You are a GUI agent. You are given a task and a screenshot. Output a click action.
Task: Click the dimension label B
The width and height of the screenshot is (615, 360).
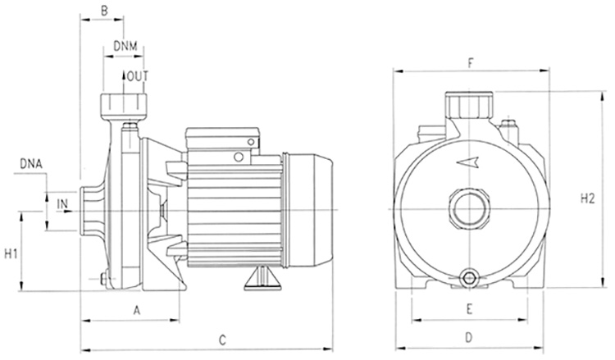[x=103, y=11]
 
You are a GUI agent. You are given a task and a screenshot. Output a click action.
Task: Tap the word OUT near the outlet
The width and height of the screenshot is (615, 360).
[x=139, y=77]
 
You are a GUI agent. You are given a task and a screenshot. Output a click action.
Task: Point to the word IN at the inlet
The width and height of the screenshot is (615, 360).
[x=63, y=203]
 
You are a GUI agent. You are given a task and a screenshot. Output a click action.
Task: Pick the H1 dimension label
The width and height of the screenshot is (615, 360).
[x=11, y=253]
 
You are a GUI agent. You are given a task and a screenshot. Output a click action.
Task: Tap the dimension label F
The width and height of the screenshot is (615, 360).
[x=470, y=62]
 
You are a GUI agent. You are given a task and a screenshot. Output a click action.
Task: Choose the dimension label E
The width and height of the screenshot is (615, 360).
[x=469, y=309]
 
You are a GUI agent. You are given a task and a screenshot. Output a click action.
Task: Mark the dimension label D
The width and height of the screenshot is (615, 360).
[x=469, y=337]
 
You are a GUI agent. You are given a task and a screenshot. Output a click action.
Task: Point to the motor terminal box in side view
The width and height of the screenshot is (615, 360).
[x=221, y=143]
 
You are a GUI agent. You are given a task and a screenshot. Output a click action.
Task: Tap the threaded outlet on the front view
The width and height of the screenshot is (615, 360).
[x=469, y=104]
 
